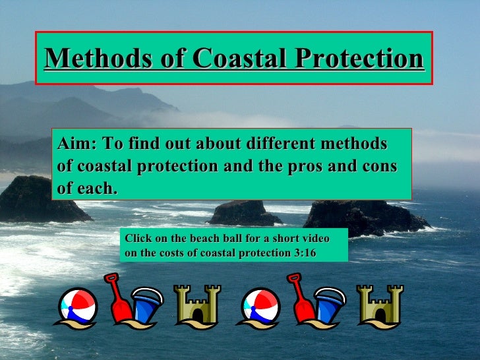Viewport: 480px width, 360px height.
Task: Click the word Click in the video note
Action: coord(136,238)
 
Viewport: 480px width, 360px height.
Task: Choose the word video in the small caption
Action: coord(315,238)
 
